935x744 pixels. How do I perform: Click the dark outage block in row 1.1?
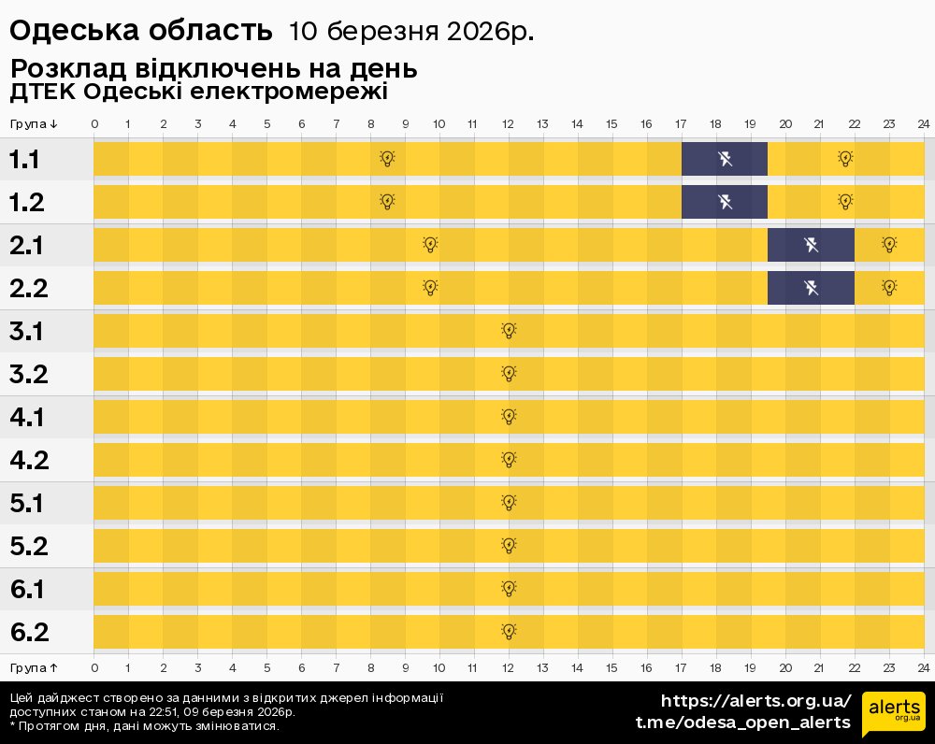click(x=725, y=159)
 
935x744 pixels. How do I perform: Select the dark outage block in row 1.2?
click(x=725, y=202)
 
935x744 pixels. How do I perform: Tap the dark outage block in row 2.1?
click(x=811, y=245)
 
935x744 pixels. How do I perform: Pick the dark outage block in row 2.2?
click(x=811, y=288)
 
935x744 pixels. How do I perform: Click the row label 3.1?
click(x=26, y=331)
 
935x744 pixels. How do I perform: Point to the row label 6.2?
click(x=28, y=632)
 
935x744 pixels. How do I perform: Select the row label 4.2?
click(x=28, y=460)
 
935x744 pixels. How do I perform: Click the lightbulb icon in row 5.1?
click(x=509, y=503)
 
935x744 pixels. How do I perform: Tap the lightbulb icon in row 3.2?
click(x=509, y=374)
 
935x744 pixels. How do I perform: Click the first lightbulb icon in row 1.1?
click(x=387, y=159)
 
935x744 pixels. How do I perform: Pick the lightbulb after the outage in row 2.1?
click(x=889, y=245)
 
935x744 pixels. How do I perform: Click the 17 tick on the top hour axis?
click(x=681, y=124)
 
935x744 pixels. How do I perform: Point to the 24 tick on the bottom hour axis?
click(x=923, y=667)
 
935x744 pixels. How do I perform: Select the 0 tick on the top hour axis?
click(x=94, y=124)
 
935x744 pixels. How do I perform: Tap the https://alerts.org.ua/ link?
click(x=756, y=701)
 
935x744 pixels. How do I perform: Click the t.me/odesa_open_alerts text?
click(x=743, y=723)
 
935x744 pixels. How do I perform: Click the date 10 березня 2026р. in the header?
click(x=411, y=32)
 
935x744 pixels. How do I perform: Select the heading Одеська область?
click(x=140, y=31)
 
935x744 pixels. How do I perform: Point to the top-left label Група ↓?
click(x=34, y=124)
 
